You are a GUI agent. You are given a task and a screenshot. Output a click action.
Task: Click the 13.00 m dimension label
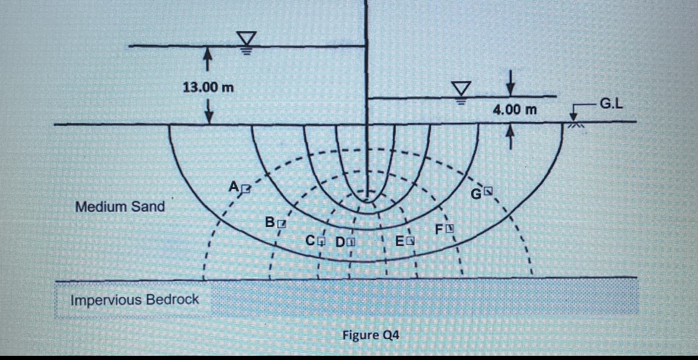207,87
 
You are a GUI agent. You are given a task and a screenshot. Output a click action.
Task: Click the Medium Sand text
120,207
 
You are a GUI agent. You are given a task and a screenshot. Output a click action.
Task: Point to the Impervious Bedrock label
135,299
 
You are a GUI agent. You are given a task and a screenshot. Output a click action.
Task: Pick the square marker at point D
351,242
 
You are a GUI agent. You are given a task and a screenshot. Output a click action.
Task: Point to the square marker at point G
489,192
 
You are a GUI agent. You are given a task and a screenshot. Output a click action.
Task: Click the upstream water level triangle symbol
246,40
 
